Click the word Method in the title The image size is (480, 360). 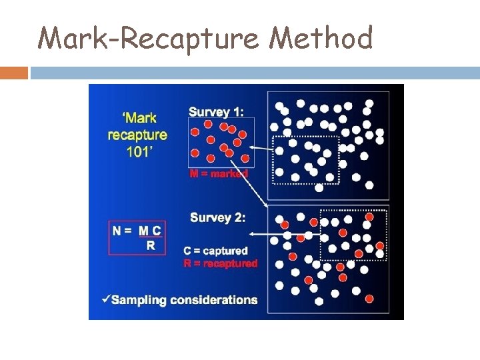[x=321, y=38]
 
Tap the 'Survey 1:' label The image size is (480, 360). [x=216, y=111]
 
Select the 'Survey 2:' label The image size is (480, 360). [x=217, y=217]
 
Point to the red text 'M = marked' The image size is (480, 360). [x=219, y=174]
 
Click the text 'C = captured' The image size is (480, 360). [x=215, y=251]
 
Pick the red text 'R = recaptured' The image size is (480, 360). [x=220, y=264]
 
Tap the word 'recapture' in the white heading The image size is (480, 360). [x=137, y=134]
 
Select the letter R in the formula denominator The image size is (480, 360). [x=151, y=245]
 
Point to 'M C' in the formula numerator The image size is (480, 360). [x=150, y=231]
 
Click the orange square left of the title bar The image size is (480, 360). [x=14, y=72]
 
